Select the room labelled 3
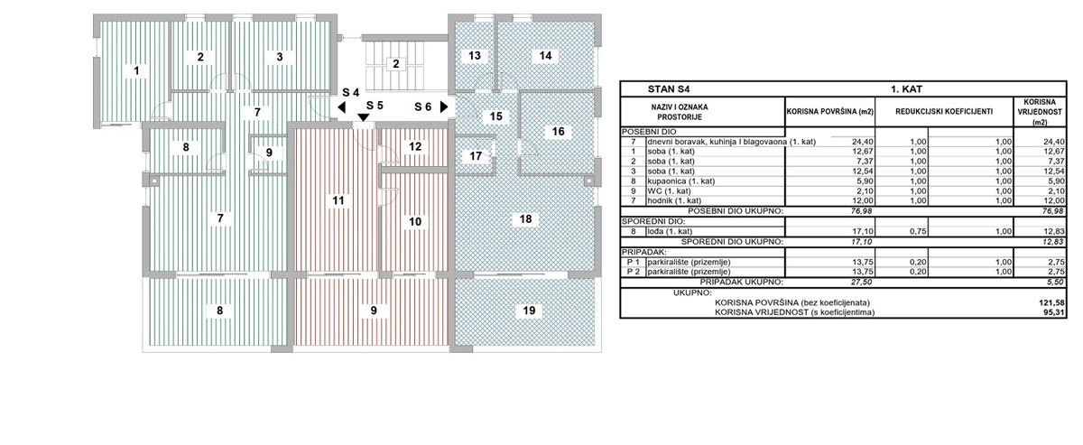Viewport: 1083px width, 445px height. [280, 57]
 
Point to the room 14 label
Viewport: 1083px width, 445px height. [544, 56]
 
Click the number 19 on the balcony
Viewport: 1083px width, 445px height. [529, 311]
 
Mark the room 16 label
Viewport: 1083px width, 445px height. [558, 132]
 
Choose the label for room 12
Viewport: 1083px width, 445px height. [414, 146]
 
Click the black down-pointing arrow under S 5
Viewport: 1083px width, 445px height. [363, 117]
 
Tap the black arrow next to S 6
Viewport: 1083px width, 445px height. [443, 107]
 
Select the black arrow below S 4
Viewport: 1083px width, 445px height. [341, 107]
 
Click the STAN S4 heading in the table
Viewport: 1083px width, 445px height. [667, 89]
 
